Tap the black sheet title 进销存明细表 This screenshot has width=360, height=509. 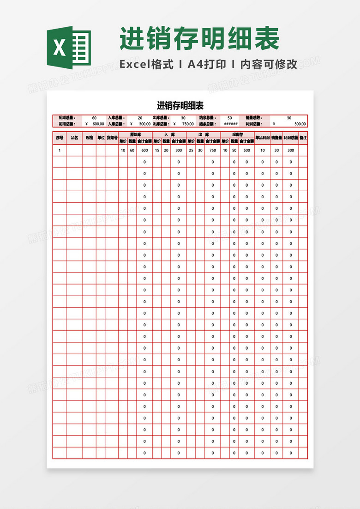180,105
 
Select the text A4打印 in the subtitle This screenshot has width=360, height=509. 207,65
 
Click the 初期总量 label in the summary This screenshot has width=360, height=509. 67,118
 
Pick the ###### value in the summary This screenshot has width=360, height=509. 230,124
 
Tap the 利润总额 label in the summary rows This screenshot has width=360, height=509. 253,124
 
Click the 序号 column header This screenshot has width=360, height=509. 60,138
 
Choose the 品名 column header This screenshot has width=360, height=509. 74,138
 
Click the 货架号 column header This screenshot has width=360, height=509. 112,138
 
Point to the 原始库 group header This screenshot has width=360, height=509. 135,134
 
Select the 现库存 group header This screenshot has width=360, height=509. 237,134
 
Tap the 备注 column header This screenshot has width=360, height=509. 303,138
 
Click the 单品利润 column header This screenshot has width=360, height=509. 262,138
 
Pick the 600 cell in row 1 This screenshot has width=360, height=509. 144,150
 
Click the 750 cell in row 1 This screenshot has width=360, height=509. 213,150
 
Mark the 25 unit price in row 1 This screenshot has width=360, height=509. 191,150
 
